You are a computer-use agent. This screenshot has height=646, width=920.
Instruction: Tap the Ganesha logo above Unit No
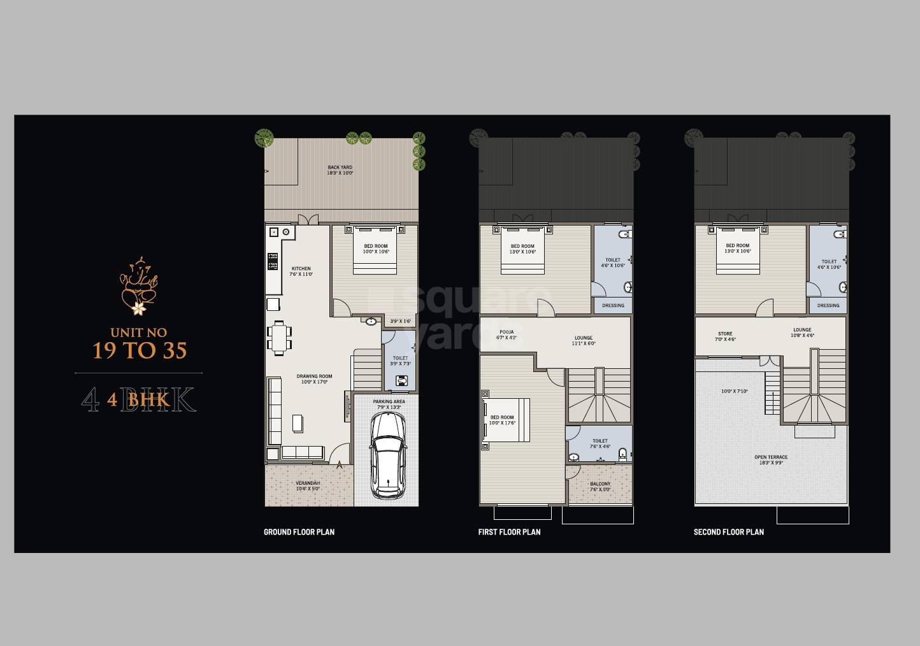click(x=139, y=286)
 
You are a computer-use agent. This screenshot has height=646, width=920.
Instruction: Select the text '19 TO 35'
click(x=140, y=350)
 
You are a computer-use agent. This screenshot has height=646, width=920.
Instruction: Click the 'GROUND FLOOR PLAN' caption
click(x=299, y=532)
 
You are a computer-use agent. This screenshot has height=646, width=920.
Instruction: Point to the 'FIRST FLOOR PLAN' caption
click(x=509, y=532)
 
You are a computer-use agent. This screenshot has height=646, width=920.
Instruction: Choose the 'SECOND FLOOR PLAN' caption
click(x=728, y=532)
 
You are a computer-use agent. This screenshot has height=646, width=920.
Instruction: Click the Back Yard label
click(x=340, y=170)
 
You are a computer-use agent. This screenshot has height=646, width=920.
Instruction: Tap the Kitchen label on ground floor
click(x=301, y=271)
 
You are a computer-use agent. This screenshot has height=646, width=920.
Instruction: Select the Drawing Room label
click(x=314, y=379)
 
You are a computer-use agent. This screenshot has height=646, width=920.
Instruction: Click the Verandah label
click(x=308, y=486)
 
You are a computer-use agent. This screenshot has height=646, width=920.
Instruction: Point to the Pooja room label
click(x=507, y=334)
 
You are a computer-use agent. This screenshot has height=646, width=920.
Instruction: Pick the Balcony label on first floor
click(x=600, y=487)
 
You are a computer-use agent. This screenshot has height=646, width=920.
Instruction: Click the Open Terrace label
click(x=771, y=460)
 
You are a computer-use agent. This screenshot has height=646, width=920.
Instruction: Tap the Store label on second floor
click(x=725, y=336)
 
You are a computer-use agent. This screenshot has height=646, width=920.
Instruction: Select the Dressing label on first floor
click(x=613, y=306)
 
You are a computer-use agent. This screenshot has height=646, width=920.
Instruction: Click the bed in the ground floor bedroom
click(x=375, y=250)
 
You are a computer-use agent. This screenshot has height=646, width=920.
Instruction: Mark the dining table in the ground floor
click(x=279, y=338)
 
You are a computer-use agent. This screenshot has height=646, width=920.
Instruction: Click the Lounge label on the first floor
click(x=583, y=341)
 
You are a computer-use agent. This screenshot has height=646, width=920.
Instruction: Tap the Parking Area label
click(x=389, y=405)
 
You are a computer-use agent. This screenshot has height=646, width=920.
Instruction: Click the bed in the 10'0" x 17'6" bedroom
click(x=506, y=420)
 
